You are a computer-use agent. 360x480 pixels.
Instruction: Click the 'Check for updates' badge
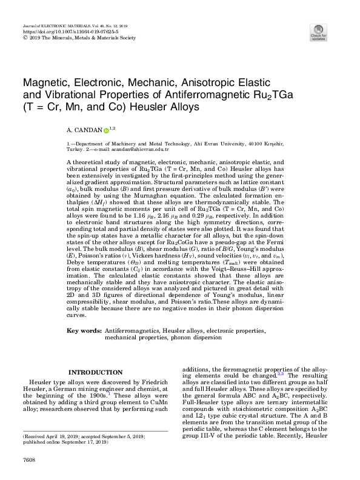point(318,32)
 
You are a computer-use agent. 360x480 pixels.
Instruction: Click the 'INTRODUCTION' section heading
point(95,372)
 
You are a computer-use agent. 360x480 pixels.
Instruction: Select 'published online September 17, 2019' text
point(65,442)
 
